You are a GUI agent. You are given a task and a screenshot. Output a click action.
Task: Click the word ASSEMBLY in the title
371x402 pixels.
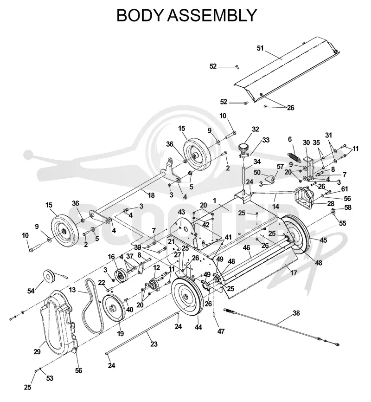[x=211, y=15]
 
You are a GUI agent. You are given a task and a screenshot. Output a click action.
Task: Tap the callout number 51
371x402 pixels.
[x=260, y=48]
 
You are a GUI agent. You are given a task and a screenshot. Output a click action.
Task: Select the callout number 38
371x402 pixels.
[x=296, y=313]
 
